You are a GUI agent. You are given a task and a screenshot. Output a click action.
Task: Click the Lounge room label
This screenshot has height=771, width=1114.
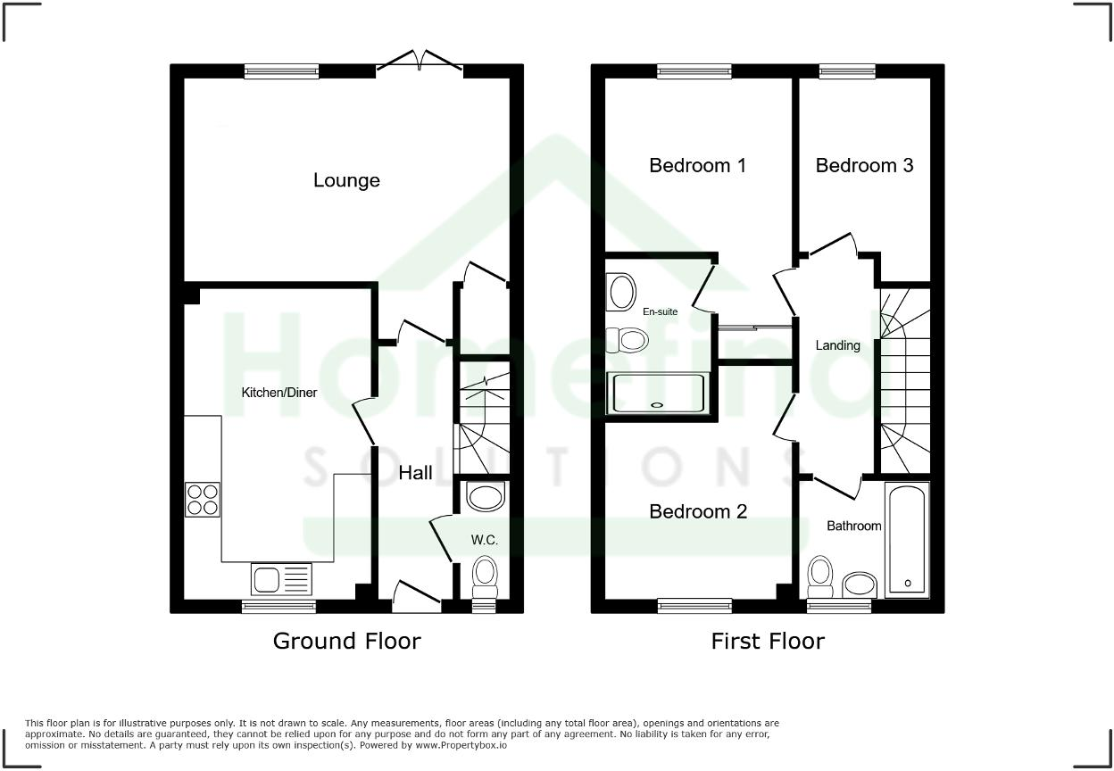(x=346, y=180)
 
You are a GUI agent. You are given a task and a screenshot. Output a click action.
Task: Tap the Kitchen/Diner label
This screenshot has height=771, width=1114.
(x=279, y=393)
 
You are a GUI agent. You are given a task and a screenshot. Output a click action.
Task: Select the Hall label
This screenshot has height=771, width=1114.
(x=415, y=473)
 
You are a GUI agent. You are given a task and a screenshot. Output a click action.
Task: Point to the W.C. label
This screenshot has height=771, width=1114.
(x=485, y=540)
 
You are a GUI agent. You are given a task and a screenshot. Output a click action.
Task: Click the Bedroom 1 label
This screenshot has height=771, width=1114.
(x=697, y=166)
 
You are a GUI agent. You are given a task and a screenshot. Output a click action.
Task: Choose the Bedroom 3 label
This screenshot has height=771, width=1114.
(x=864, y=166)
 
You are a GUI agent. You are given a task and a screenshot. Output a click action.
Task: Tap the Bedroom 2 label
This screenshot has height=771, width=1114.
(x=697, y=511)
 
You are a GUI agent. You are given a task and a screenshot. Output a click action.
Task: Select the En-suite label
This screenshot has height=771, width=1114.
(x=660, y=311)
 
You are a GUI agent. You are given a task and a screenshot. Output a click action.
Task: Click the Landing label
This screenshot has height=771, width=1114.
(x=837, y=345)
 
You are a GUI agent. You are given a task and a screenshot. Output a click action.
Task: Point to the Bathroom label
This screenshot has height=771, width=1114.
(x=853, y=526)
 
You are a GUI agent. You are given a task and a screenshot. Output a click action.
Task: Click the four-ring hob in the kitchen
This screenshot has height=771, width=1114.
(x=203, y=499)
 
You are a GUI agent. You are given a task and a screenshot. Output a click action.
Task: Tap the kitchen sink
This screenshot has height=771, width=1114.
(x=281, y=580)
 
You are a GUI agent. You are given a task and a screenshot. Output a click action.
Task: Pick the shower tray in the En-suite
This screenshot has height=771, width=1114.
(x=657, y=394)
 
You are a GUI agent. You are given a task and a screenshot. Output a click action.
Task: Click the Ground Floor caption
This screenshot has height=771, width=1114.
(x=346, y=641)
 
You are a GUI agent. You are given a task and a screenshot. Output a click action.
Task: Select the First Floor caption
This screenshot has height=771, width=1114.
(x=768, y=641)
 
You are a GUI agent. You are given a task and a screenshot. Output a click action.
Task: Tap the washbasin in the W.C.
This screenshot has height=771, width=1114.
(x=485, y=498)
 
